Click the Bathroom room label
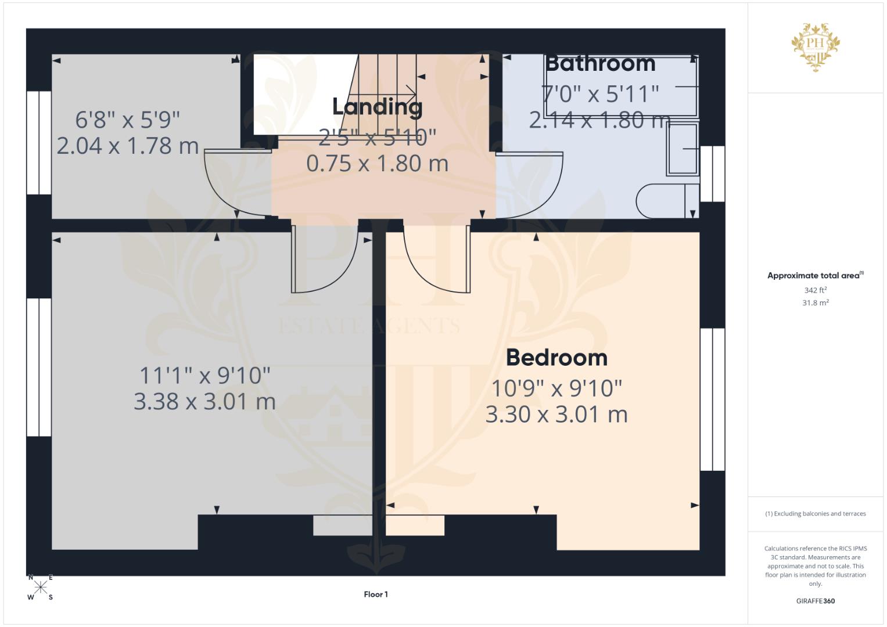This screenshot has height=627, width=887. pyautogui.click(x=600, y=63)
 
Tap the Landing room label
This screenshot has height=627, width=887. pyautogui.click(x=377, y=107)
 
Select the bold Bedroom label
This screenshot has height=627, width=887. pyautogui.click(x=556, y=358)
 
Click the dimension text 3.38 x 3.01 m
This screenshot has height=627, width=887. pyautogui.click(x=204, y=401)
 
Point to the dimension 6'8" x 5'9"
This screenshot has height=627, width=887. pyautogui.click(x=128, y=120)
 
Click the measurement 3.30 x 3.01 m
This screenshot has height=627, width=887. pyautogui.click(x=556, y=415)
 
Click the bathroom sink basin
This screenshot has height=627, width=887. pyautogui.click(x=682, y=149)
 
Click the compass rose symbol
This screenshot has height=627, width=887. pyautogui.click(x=41, y=587)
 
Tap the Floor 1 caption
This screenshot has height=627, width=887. pyautogui.click(x=376, y=594)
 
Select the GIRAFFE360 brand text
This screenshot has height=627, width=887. pyautogui.click(x=815, y=601)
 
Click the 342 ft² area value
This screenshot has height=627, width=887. pyautogui.click(x=815, y=290)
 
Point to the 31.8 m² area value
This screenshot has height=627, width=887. pyautogui.click(x=815, y=302)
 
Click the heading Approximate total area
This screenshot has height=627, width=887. pyautogui.click(x=815, y=276)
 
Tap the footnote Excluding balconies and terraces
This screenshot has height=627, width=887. pyautogui.click(x=816, y=514)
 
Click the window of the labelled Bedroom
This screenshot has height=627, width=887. pyautogui.click(x=712, y=399)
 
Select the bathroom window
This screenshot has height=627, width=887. pyautogui.click(x=712, y=174)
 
